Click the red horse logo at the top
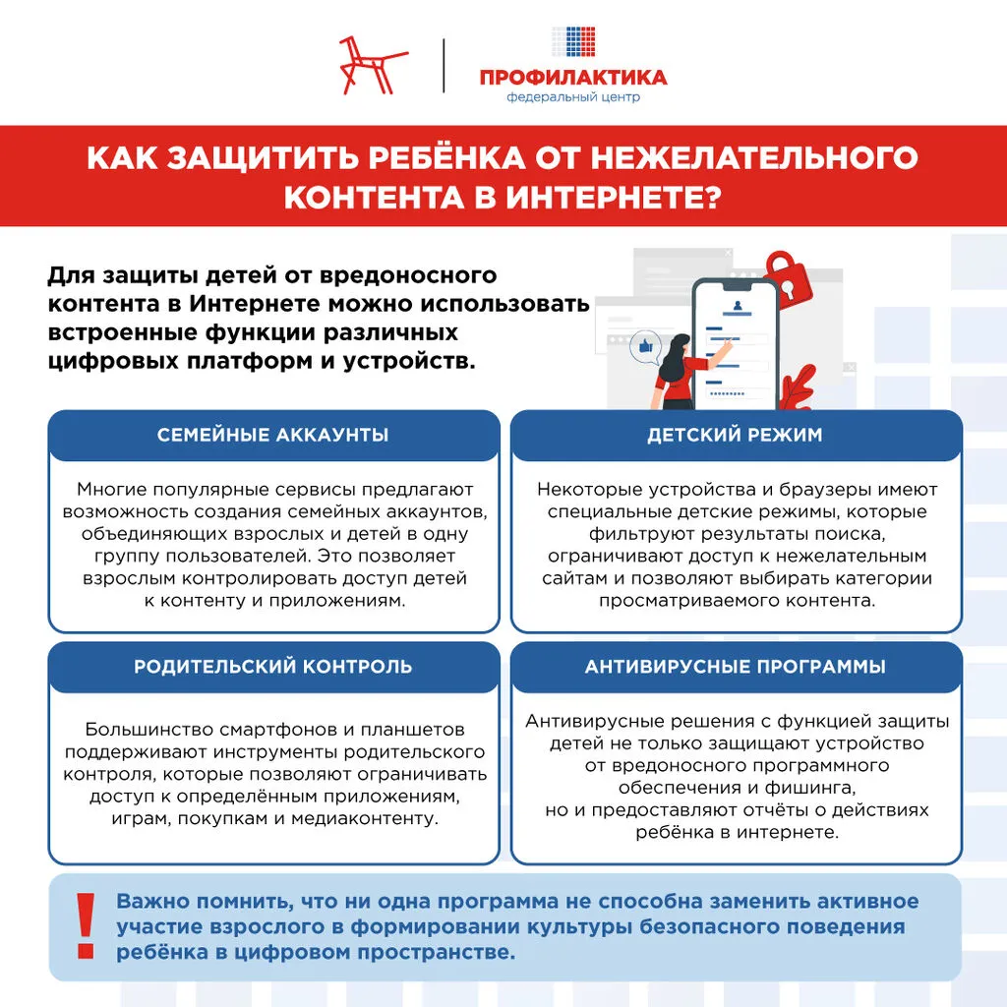coord(372,65)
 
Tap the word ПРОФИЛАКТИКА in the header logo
coord(573,77)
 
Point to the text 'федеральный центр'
coord(573,97)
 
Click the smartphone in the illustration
coord(735,344)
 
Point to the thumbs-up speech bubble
coord(646,348)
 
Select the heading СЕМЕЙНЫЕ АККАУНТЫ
coord(272,435)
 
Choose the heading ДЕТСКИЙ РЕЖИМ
coord(735,435)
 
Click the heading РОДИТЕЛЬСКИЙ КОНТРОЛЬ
coord(272,667)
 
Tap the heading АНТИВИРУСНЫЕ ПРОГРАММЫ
coord(735,667)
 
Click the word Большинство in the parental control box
coord(136,730)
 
